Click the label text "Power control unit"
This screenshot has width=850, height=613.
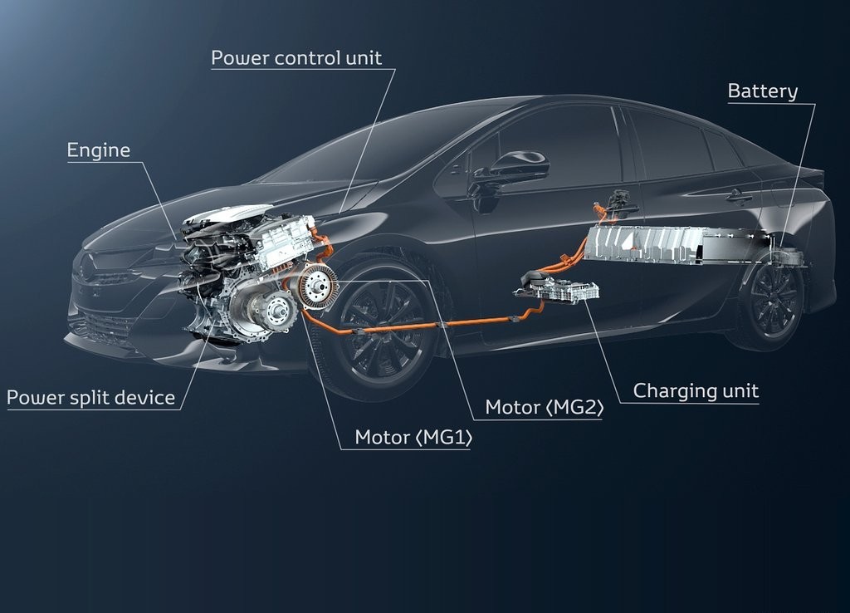(296, 57)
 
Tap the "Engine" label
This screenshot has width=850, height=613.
(99, 150)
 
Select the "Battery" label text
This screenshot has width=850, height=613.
(763, 91)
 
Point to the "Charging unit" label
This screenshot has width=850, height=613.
(696, 390)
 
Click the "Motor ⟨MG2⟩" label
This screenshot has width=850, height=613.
(544, 407)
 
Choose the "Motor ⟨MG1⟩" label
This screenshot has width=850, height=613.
(413, 437)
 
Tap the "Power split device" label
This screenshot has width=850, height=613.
(90, 398)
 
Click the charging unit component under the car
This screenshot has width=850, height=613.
(559, 287)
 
